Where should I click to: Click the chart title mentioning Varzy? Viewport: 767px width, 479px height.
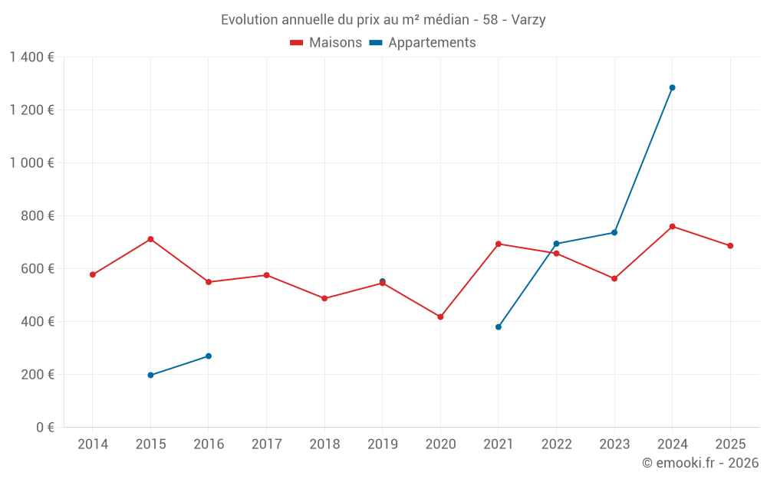(x=383, y=20)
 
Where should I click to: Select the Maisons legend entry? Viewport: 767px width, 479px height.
(x=326, y=43)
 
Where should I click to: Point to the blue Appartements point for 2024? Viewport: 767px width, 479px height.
(x=672, y=87)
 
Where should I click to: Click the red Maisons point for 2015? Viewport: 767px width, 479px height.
(x=150, y=239)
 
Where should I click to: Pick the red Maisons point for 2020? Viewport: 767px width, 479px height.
(x=440, y=317)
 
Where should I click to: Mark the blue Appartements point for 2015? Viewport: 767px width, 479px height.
(x=150, y=375)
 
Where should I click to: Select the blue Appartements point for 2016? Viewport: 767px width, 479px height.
(x=209, y=356)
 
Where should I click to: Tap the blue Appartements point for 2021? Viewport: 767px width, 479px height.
(x=499, y=327)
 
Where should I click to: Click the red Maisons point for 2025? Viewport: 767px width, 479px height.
(x=730, y=246)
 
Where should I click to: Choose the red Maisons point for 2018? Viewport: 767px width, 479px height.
(x=324, y=298)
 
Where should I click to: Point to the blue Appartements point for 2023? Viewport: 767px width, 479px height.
(x=614, y=232)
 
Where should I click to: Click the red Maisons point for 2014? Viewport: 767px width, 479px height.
(x=93, y=274)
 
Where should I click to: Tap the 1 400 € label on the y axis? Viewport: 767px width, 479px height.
(x=31, y=57)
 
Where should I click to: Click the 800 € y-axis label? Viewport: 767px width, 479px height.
(x=37, y=216)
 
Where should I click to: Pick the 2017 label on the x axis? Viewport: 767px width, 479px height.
(x=266, y=445)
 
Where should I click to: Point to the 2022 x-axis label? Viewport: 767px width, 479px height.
(x=556, y=445)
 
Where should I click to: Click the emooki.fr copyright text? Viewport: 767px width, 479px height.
(x=700, y=463)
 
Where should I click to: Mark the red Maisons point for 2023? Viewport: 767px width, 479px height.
(x=614, y=278)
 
